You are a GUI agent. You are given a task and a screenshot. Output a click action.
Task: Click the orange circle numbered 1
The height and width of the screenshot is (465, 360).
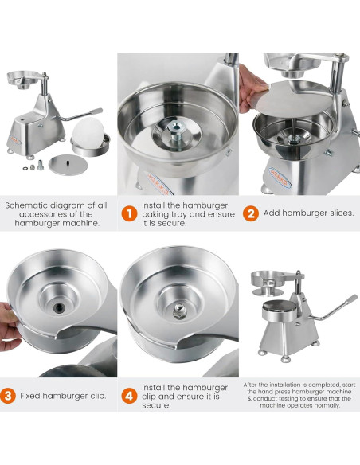point(128,213)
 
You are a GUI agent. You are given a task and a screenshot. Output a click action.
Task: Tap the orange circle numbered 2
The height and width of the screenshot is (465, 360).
point(250,213)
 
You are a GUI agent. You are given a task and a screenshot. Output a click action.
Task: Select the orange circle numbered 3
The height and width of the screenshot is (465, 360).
point(7,394)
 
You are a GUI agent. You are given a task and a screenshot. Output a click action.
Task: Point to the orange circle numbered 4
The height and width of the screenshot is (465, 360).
point(128,394)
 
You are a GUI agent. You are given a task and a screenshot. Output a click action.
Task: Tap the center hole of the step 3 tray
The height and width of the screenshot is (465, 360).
point(60,305)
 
